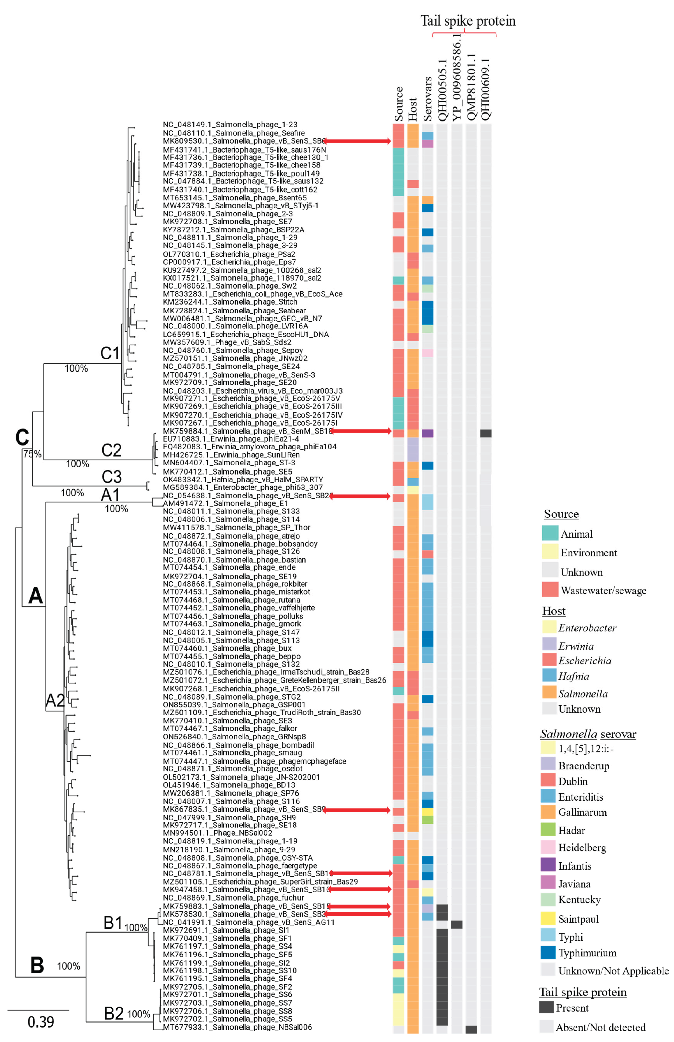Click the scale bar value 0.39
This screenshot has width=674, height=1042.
(x=41, y=1022)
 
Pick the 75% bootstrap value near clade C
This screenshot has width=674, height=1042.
(x=32, y=454)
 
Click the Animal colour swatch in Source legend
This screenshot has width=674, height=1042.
(x=550, y=533)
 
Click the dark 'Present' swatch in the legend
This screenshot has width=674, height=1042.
(x=546, y=1007)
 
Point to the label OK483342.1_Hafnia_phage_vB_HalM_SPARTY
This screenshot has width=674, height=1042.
(x=243, y=479)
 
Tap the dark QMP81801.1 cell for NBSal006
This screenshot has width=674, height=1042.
(x=471, y=1029)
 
